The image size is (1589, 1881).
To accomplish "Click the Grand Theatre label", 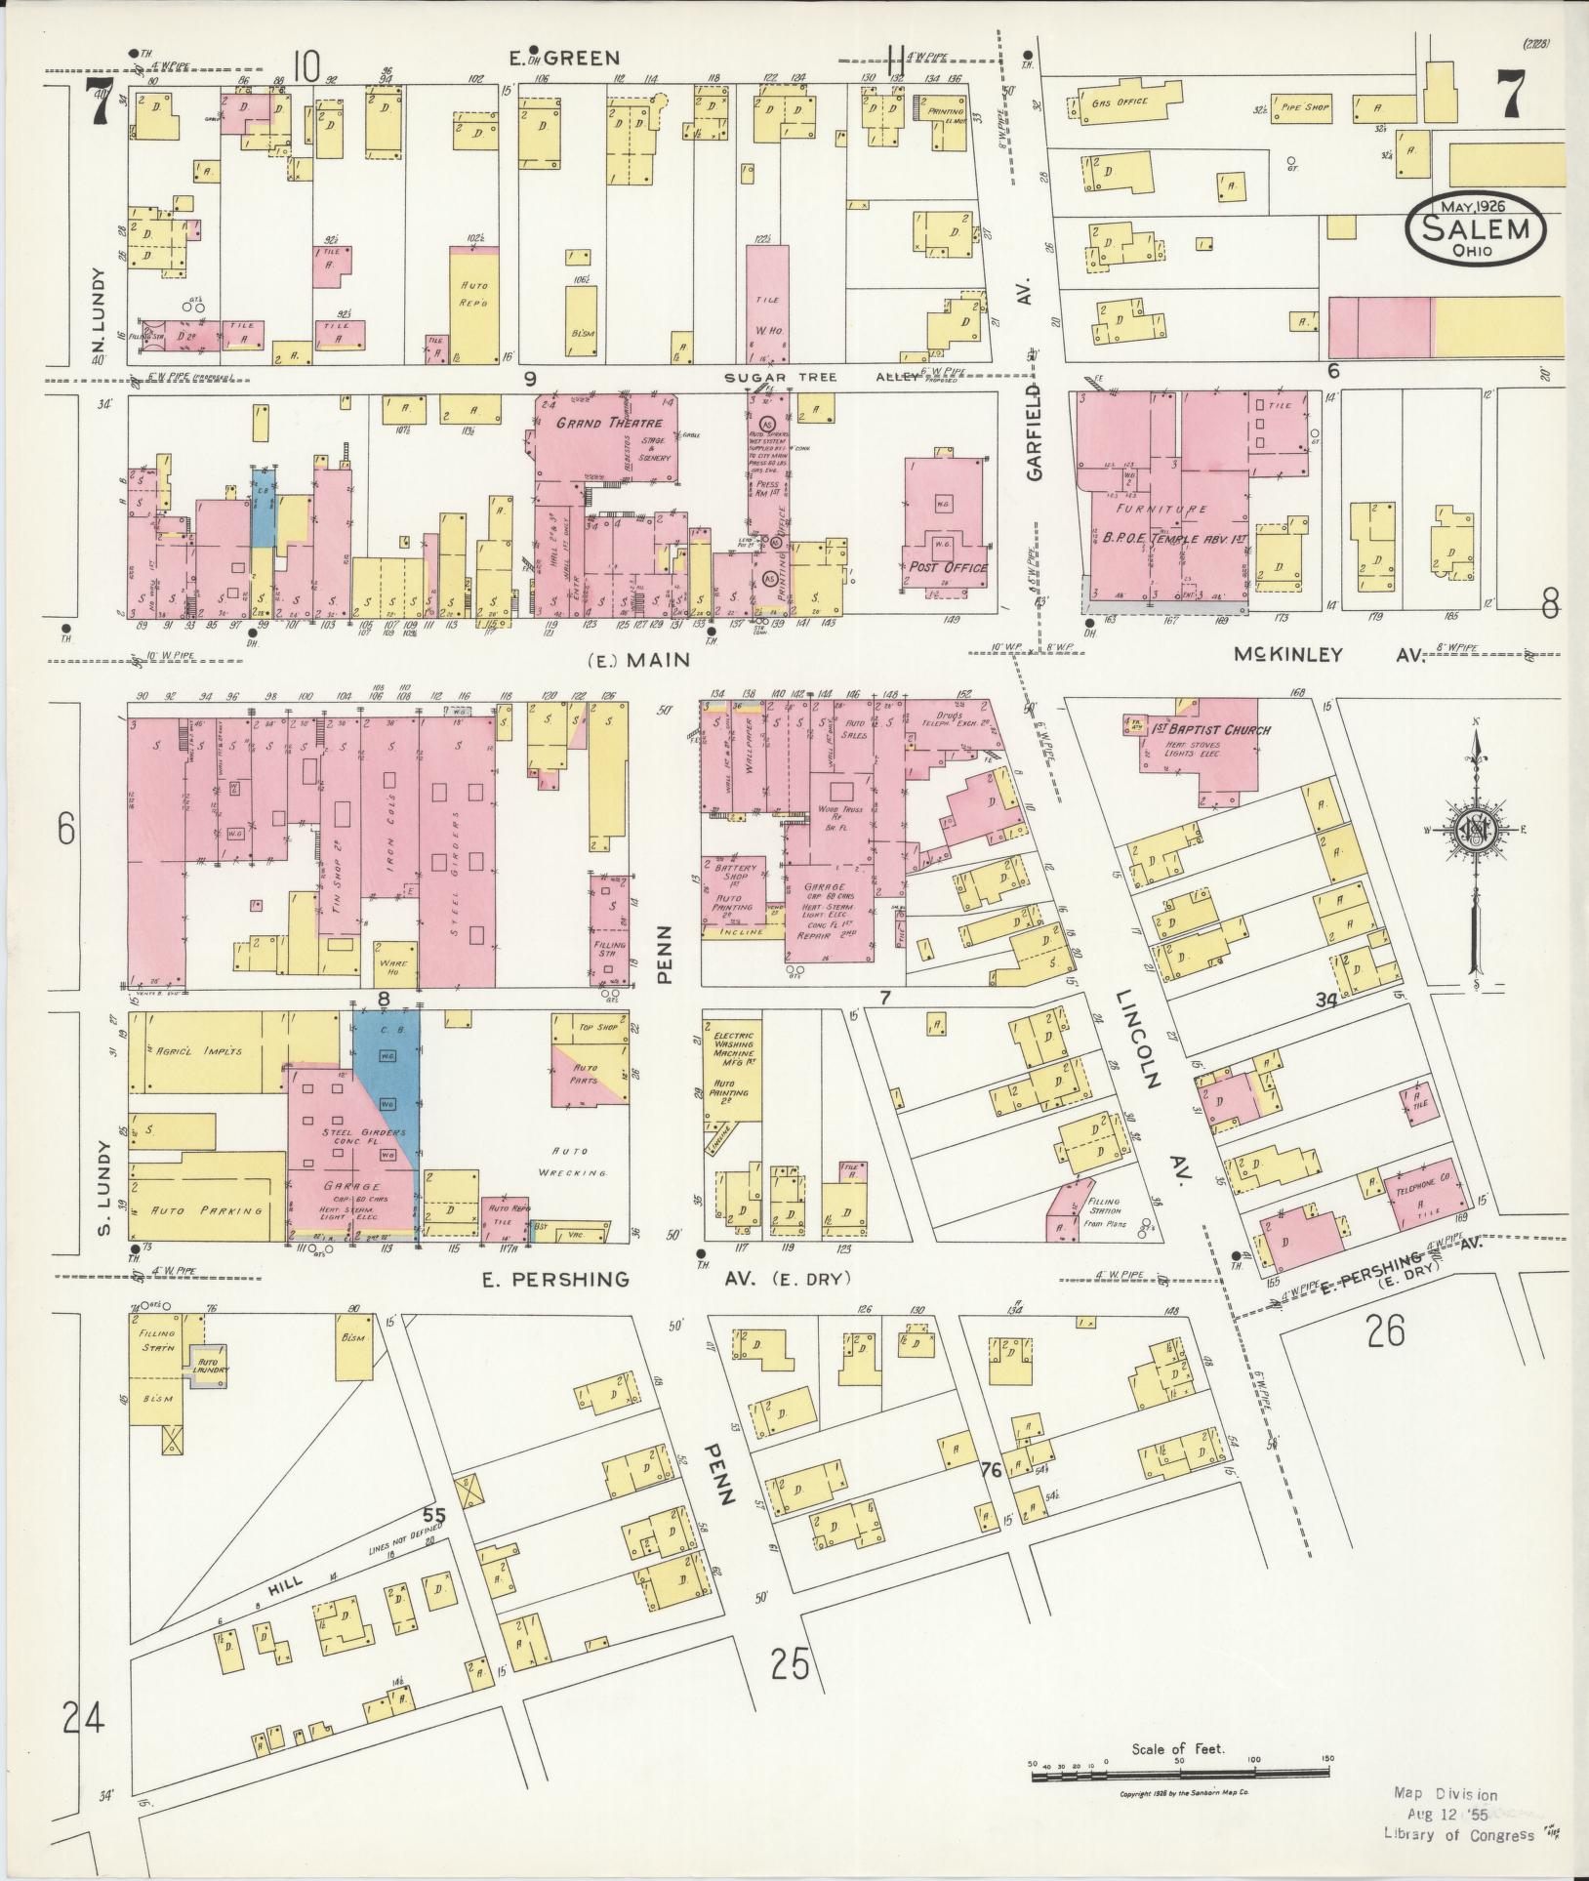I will click(x=609, y=424).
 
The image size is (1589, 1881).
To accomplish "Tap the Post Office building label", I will click(x=948, y=567).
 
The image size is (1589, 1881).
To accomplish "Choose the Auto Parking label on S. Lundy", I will click(x=204, y=1210).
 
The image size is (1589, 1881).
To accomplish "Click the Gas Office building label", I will click(x=1119, y=102).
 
